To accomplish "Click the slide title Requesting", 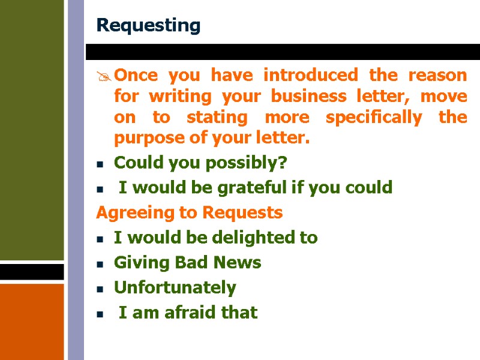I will click(x=148, y=26).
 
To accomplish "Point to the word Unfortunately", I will click(x=175, y=287).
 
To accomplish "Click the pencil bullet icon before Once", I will click(x=104, y=76).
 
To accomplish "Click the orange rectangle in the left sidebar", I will click(x=32, y=321).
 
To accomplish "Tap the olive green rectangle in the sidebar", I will click(x=32, y=129).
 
